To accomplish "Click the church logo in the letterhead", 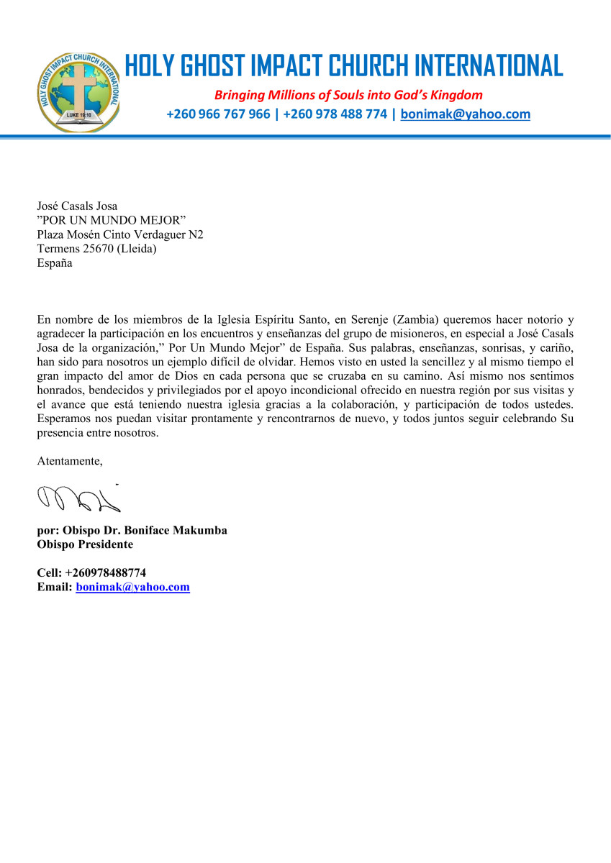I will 78,92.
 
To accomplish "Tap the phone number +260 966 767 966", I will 218,114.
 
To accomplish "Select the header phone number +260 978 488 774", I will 335,114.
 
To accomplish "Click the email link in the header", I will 465,114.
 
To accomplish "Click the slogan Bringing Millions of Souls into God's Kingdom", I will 348,95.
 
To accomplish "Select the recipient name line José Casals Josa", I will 77,207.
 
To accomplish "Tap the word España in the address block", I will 55,262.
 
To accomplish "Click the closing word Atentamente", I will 70,462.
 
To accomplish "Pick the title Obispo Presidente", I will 85,544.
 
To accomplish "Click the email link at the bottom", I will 132,587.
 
